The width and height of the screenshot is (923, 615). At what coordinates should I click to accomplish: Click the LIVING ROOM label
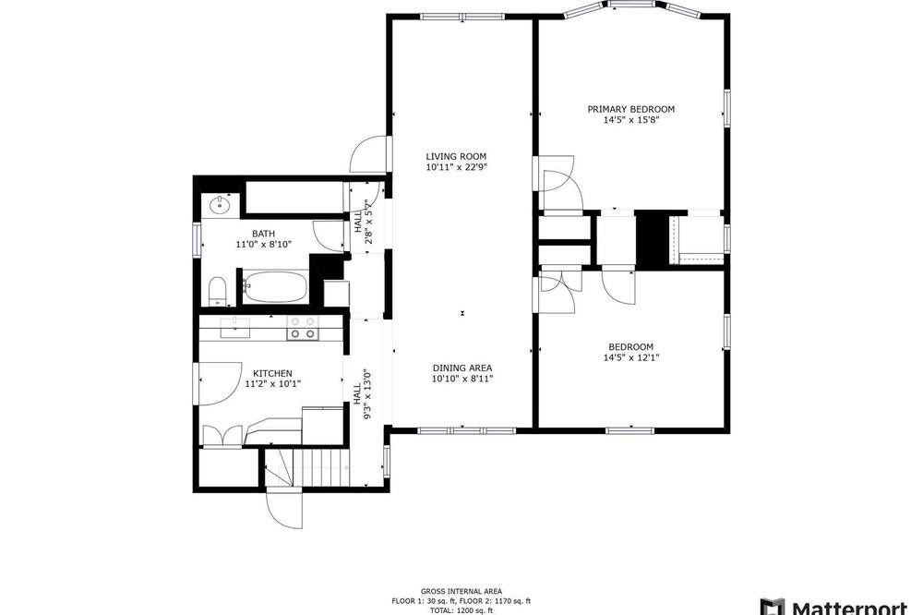point(456,156)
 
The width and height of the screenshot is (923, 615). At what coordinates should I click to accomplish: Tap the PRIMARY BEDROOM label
point(631,109)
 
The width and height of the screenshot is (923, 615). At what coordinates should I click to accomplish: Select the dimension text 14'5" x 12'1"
point(631,357)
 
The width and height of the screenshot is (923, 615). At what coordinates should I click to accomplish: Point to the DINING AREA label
point(462,368)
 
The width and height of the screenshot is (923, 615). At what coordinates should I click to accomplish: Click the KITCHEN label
point(272,373)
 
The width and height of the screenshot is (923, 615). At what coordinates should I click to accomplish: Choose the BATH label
point(264,234)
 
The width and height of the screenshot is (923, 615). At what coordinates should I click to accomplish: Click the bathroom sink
point(221,205)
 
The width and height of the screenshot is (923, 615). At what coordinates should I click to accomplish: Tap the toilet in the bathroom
point(218,291)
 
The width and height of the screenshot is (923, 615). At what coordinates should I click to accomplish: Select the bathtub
point(275,287)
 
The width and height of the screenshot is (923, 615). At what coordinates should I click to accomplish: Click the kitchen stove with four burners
point(303,328)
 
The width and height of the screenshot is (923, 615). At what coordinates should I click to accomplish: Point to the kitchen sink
point(234,328)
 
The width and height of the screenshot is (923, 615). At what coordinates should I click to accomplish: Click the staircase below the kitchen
point(306,467)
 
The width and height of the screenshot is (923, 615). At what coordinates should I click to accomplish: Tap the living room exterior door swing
point(370,154)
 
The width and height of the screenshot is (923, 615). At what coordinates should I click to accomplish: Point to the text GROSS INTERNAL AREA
point(461,591)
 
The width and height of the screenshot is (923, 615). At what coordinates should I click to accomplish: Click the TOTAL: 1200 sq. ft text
point(461,611)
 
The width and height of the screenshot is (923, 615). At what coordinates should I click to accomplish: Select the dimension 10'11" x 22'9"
point(457,167)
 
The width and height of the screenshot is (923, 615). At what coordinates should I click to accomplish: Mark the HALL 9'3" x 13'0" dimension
point(363,393)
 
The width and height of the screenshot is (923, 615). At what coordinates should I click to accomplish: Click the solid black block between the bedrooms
point(653,240)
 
